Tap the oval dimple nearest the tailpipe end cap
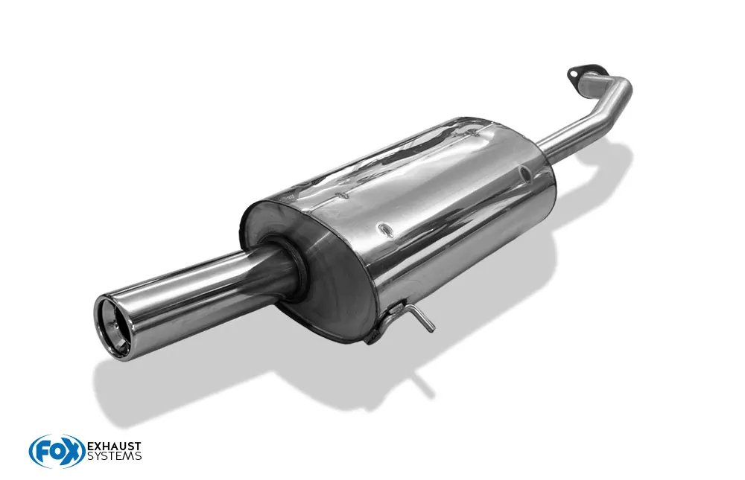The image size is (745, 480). pos(385,230)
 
